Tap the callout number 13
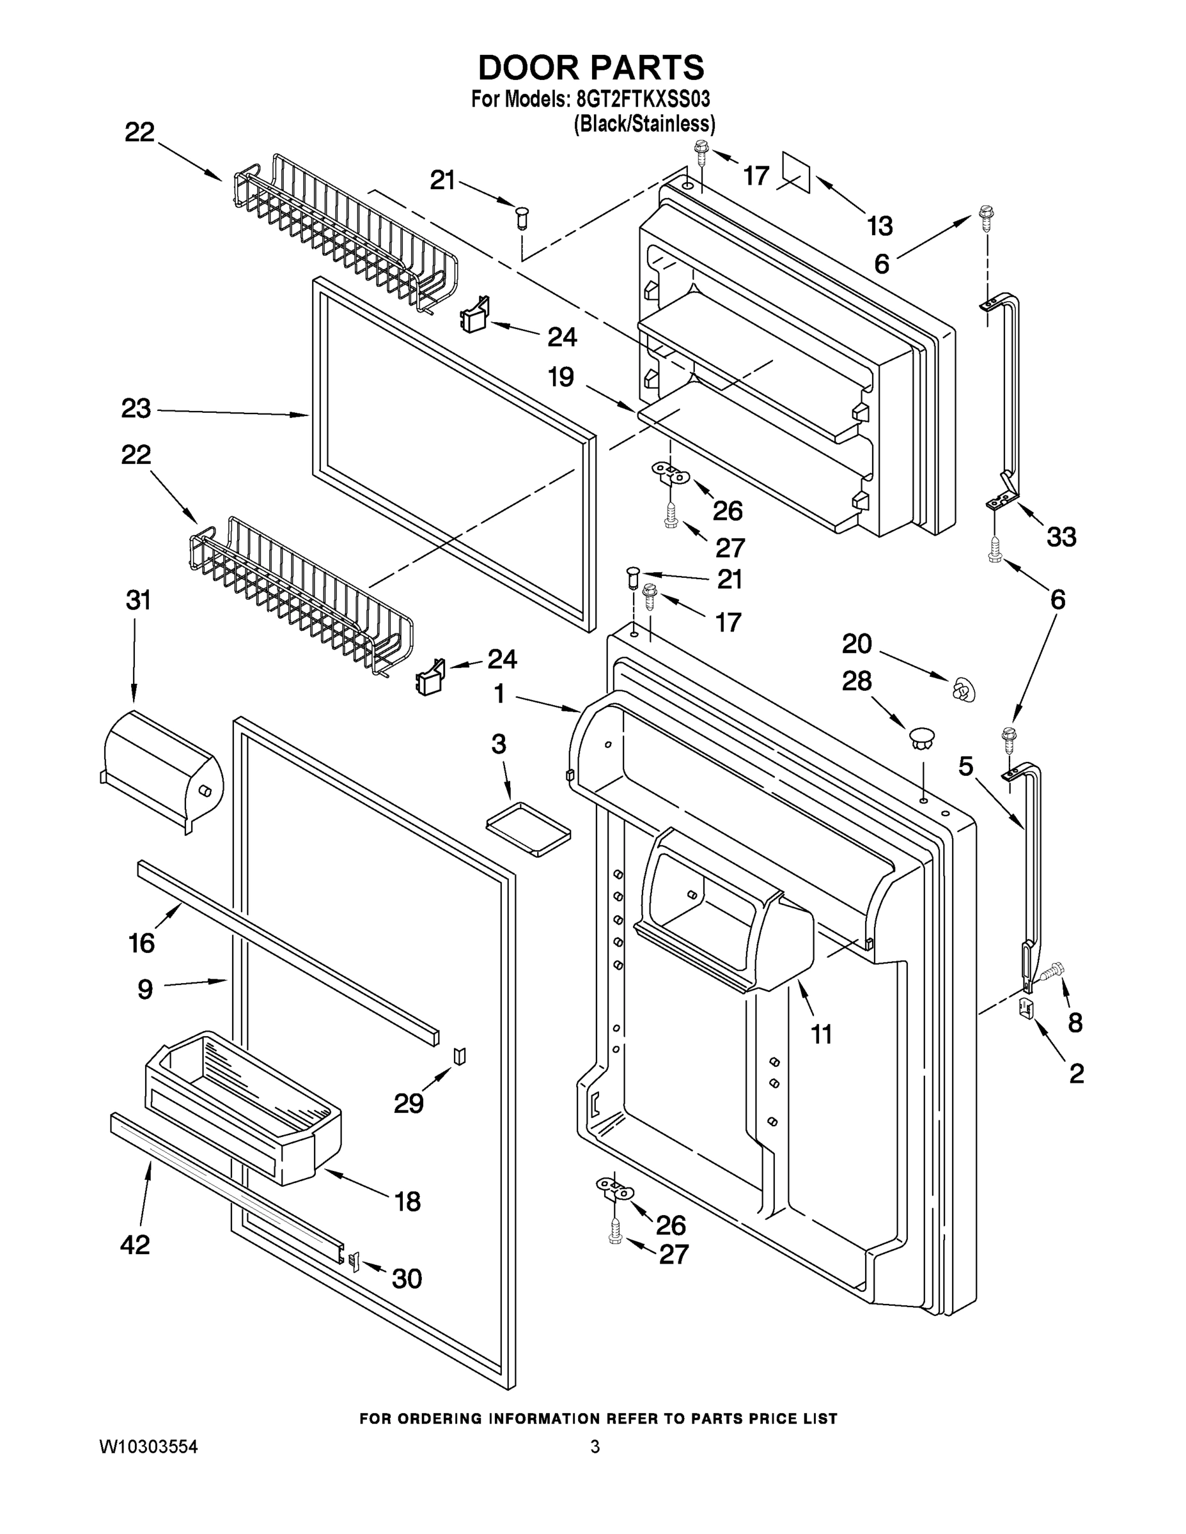(x=879, y=226)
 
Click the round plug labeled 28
(x=921, y=738)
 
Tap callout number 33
(x=1061, y=538)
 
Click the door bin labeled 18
(x=242, y=1106)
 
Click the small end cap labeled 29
(x=460, y=1056)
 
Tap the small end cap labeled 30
(x=354, y=1262)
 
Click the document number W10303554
(x=148, y=1446)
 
